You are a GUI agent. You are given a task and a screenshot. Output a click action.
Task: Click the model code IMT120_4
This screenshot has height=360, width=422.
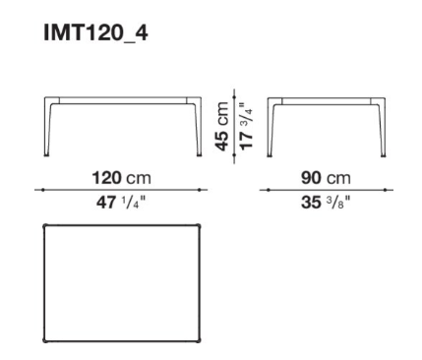(x=95, y=33)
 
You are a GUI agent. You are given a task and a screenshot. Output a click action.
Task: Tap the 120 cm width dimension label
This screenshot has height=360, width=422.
(x=122, y=178)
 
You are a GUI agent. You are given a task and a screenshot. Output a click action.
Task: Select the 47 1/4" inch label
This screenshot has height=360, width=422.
(x=120, y=202)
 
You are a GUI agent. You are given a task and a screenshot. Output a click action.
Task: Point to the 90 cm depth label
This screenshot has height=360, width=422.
(x=326, y=178)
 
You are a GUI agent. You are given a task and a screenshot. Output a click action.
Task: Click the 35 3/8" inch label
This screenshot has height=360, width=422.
(x=326, y=202)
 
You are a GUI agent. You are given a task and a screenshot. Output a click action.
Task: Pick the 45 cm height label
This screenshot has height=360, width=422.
(x=222, y=126)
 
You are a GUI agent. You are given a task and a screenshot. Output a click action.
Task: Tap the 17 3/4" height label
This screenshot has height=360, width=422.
(x=246, y=126)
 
